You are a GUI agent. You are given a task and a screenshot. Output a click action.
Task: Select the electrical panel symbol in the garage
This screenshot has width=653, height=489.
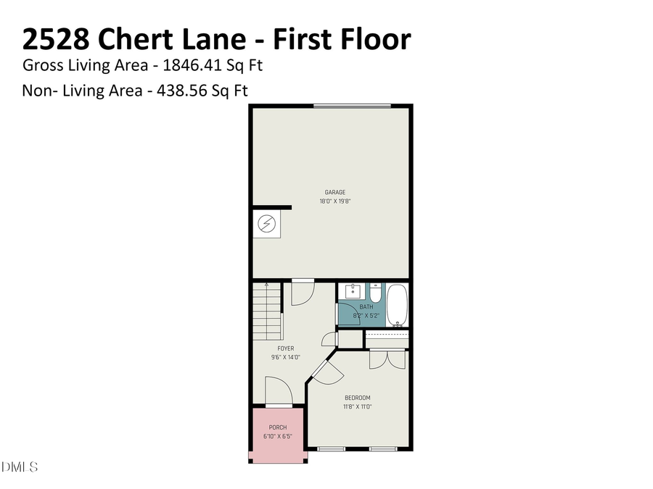tap(266, 225)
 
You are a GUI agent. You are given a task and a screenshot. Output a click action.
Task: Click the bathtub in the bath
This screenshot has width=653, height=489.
tap(398, 305)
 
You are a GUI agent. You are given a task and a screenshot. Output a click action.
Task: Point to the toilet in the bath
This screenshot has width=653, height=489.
tap(375, 293)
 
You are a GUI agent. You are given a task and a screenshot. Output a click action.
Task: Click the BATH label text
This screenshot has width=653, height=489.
tap(366, 307)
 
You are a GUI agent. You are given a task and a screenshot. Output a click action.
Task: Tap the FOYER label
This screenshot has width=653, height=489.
tap(285, 348)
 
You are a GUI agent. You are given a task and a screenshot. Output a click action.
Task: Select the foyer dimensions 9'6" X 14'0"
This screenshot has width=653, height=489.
tap(285, 357)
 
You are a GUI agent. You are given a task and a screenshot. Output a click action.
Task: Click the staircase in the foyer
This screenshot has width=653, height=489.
tap(266, 311)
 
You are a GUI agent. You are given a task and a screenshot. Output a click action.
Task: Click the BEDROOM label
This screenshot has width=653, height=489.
tap(357, 398)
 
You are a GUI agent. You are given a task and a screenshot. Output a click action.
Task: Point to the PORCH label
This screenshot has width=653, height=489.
tap(278, 427)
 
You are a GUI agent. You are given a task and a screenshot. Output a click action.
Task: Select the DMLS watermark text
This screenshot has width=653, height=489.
tap(20, 467)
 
